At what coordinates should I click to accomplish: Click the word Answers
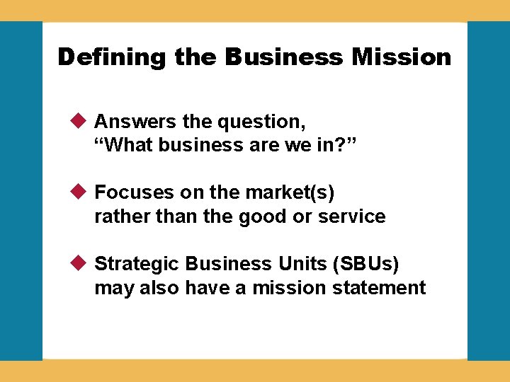(135, 122)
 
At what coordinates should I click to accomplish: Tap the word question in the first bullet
(262, 122)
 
